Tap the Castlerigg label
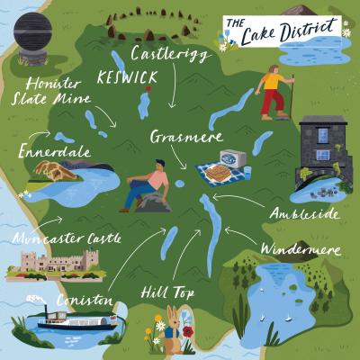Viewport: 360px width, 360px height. [171, 55]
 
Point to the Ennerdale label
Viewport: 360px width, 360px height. [53, 153]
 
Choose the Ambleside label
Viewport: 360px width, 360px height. [304, 214]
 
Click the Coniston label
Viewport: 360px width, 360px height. [83, 300]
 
